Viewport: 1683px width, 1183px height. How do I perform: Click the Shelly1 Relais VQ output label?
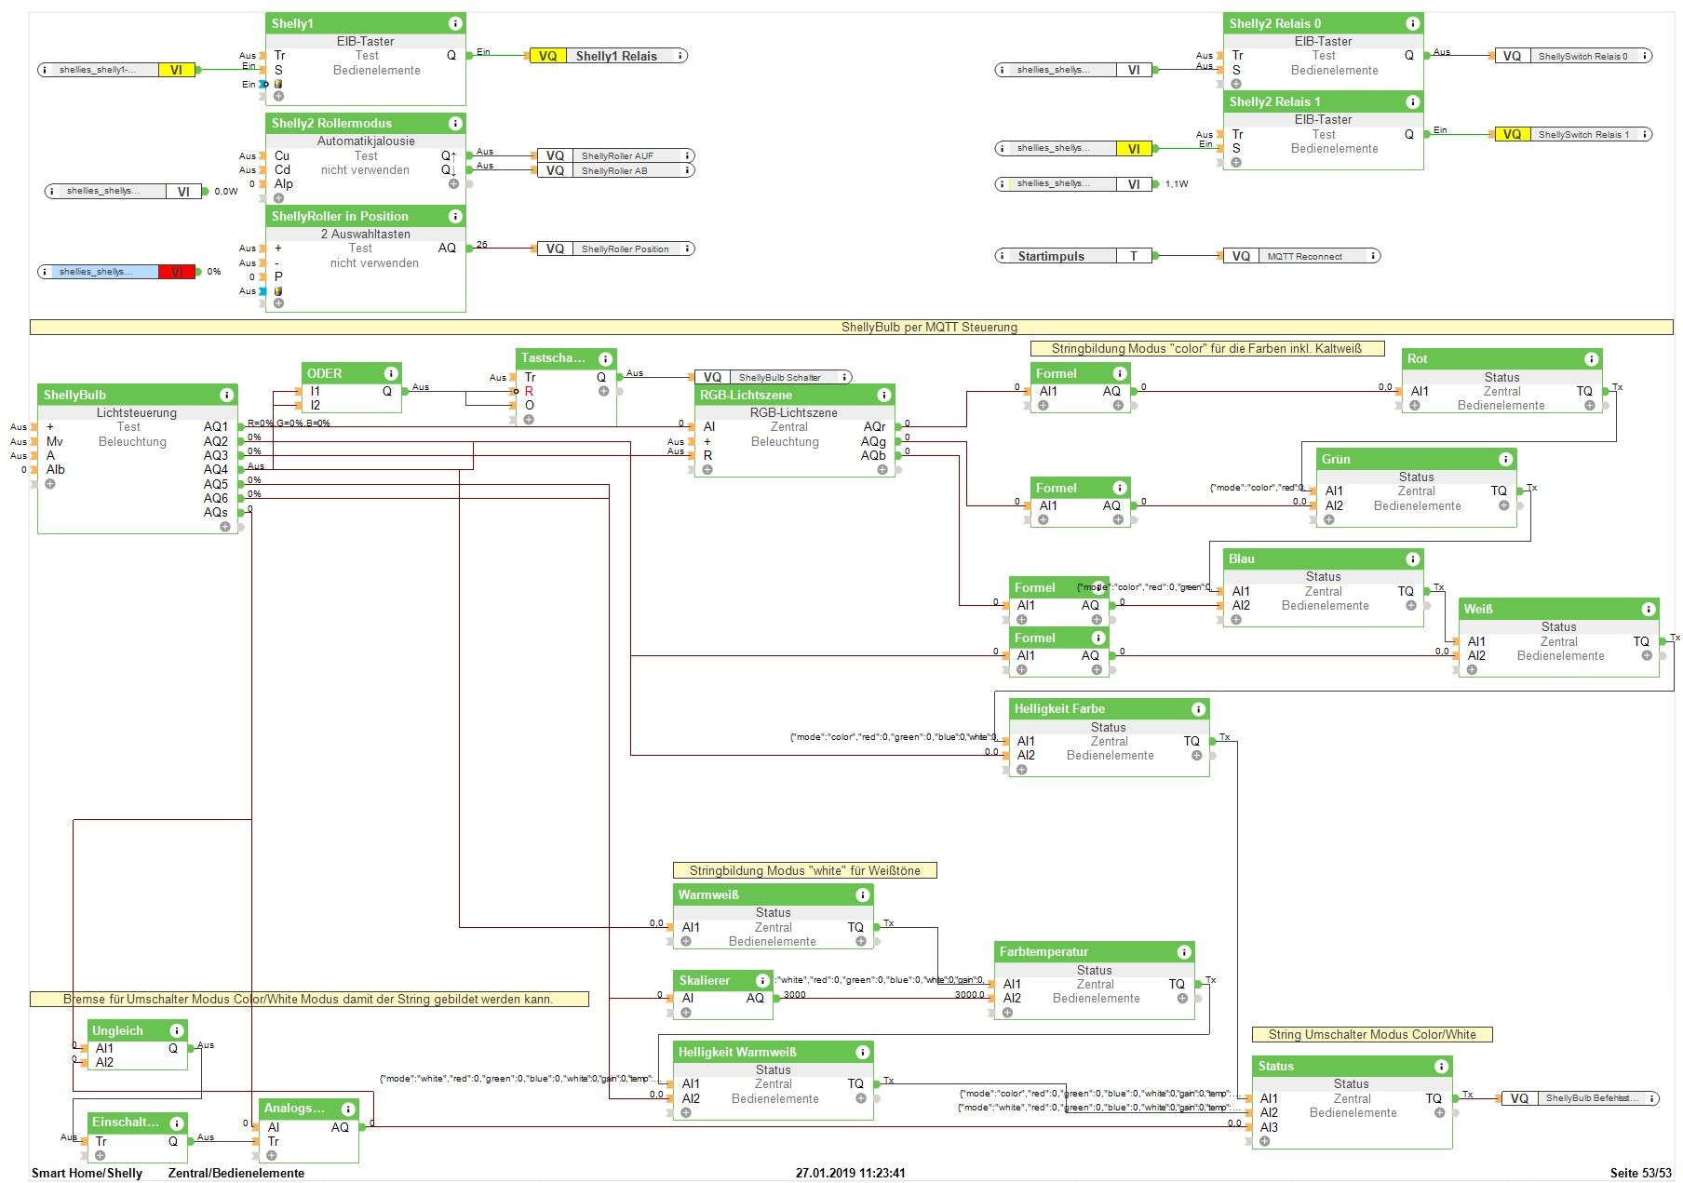pos(615,56)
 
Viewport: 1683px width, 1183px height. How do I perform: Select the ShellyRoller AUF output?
pos(617,155)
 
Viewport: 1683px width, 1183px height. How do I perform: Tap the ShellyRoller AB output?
pos(614,170)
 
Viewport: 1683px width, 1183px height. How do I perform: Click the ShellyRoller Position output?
pos(625,249)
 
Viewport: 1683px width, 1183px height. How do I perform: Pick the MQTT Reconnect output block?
pos(1304,256)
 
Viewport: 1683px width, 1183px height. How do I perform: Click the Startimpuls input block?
pos(1052,256)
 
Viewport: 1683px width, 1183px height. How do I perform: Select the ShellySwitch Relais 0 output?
pos(1582,56)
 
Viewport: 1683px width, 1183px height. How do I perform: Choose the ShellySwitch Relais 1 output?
pos(1583,134)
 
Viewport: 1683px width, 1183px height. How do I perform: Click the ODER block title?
pos(326,373)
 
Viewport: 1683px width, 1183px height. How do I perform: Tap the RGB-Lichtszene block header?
pos(747,395)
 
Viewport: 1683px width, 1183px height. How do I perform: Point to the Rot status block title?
pos(1418,358)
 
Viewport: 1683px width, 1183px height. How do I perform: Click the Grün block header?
pos(1336,459)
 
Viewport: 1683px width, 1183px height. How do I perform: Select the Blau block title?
pos(1242,558)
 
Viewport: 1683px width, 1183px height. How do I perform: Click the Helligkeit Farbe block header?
pos(1060,708)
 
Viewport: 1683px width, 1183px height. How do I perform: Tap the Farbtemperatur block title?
pos(1043,951)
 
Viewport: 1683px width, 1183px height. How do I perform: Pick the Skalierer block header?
pos(705,980)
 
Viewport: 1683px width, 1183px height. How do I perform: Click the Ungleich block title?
pos(117,1030)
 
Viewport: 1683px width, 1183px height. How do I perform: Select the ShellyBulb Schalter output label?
pos(779,377)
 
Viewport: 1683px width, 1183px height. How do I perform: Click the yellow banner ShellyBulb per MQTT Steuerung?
pos(929,327)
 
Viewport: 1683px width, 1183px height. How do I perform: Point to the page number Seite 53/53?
pos(1640,1173)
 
